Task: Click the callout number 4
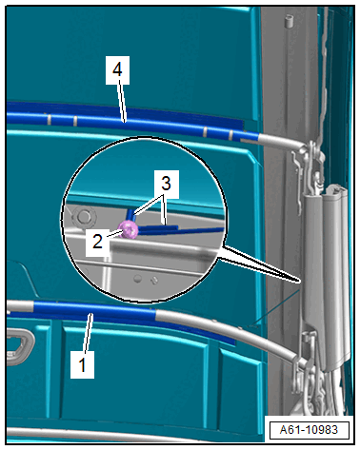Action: [117, 69]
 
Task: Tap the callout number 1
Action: [82, 364]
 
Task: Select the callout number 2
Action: [97, 241]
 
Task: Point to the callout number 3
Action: [166, 183]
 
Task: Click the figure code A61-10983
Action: [309, 430]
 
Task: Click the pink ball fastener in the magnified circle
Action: [129, 229]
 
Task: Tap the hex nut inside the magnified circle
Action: [83, 217]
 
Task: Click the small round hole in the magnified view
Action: [137, 279]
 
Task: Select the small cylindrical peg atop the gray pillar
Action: [289, 21]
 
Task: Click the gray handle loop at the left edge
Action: [19, 346]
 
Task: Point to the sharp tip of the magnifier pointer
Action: [299, 281]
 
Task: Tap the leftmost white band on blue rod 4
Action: [50, 119]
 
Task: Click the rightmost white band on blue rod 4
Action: [230, 135]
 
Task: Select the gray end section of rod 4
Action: [281, 141]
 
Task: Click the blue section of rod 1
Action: [94, 308]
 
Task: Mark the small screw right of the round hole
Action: [154, 281]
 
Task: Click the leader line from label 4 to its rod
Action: [122, 102]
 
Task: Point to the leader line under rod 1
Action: [89, 332]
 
